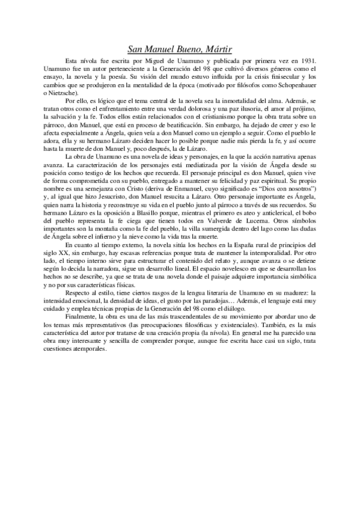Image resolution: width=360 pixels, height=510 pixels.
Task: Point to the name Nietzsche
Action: pyautogui.click(x=64, y=95)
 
